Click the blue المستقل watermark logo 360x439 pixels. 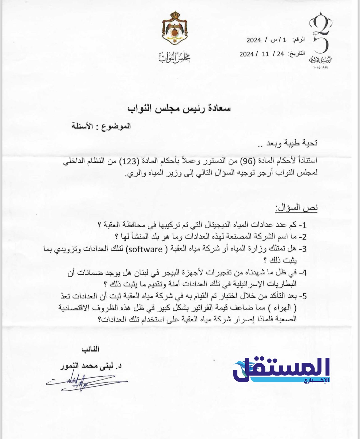tap(281, 370)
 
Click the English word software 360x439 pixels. tap(145, 249)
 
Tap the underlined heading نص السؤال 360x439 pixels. tap(296, 208)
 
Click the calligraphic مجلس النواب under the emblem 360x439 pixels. tap(174, 57)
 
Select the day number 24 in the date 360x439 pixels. tap(280, 54)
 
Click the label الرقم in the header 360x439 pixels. tap(299, 40)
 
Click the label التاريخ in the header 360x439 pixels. tap(297, 54)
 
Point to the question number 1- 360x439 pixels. tap(303, 225)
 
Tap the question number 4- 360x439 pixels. tap(303, 272)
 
